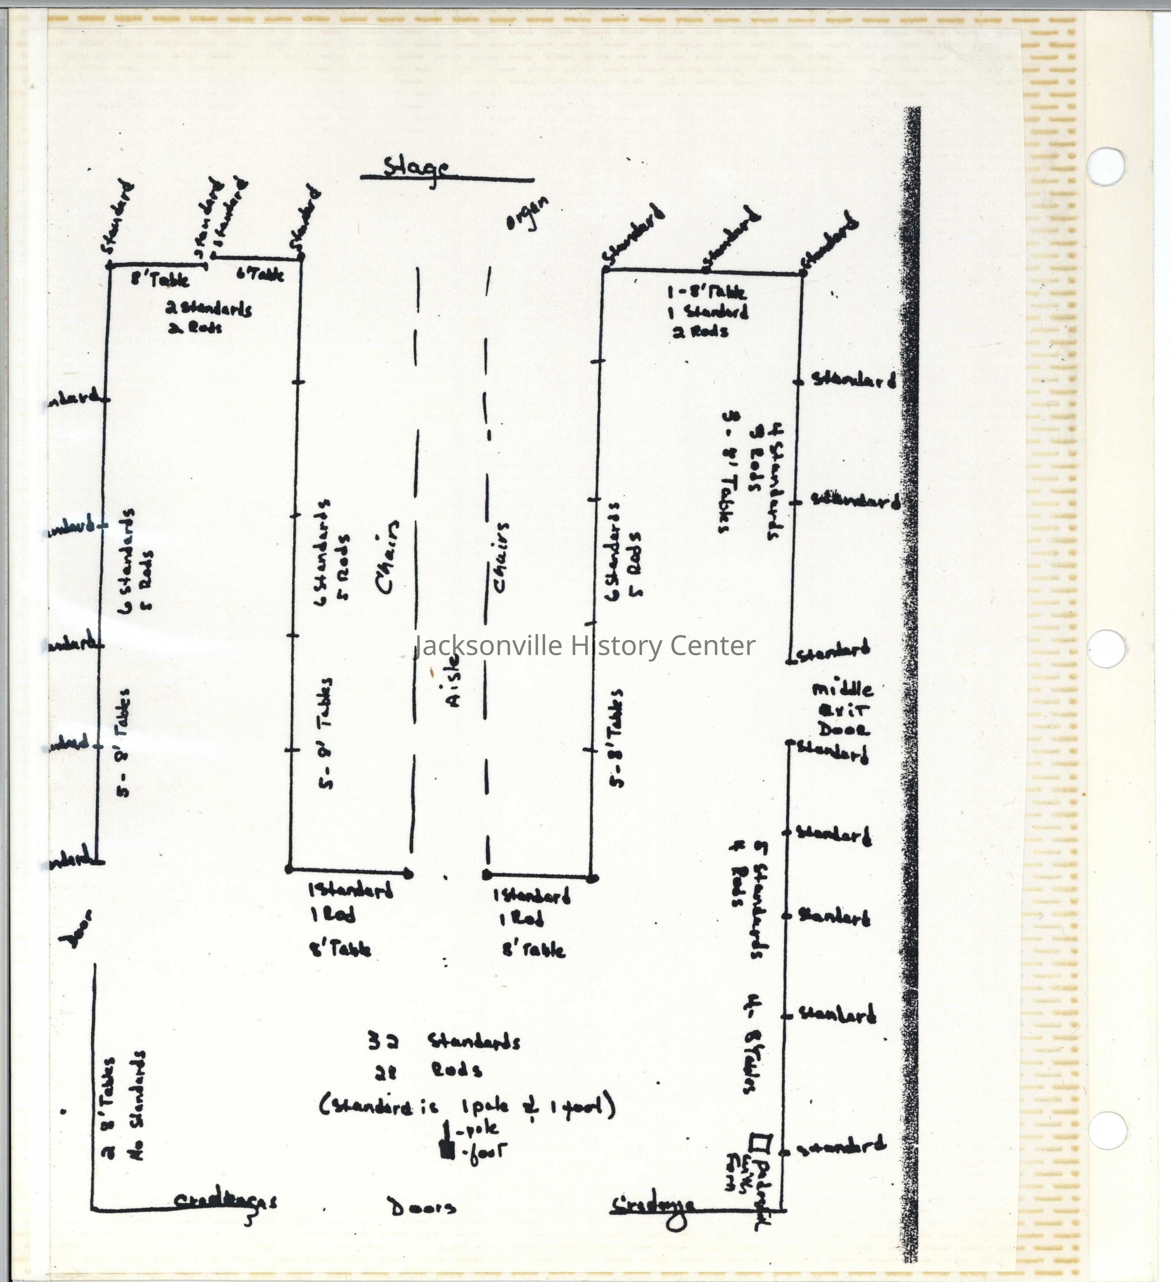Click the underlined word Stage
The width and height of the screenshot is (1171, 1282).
point(416,168)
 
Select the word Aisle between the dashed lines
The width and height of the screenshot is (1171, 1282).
point(453,681)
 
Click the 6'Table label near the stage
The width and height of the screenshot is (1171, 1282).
point(260,274)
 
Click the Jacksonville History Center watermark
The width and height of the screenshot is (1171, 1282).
point(585,645)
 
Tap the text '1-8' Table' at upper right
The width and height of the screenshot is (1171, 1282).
point(707,292)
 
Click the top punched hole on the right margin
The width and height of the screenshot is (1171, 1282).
point(1106,166)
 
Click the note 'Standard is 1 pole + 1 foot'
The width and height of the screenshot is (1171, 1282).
point(467,1106)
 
